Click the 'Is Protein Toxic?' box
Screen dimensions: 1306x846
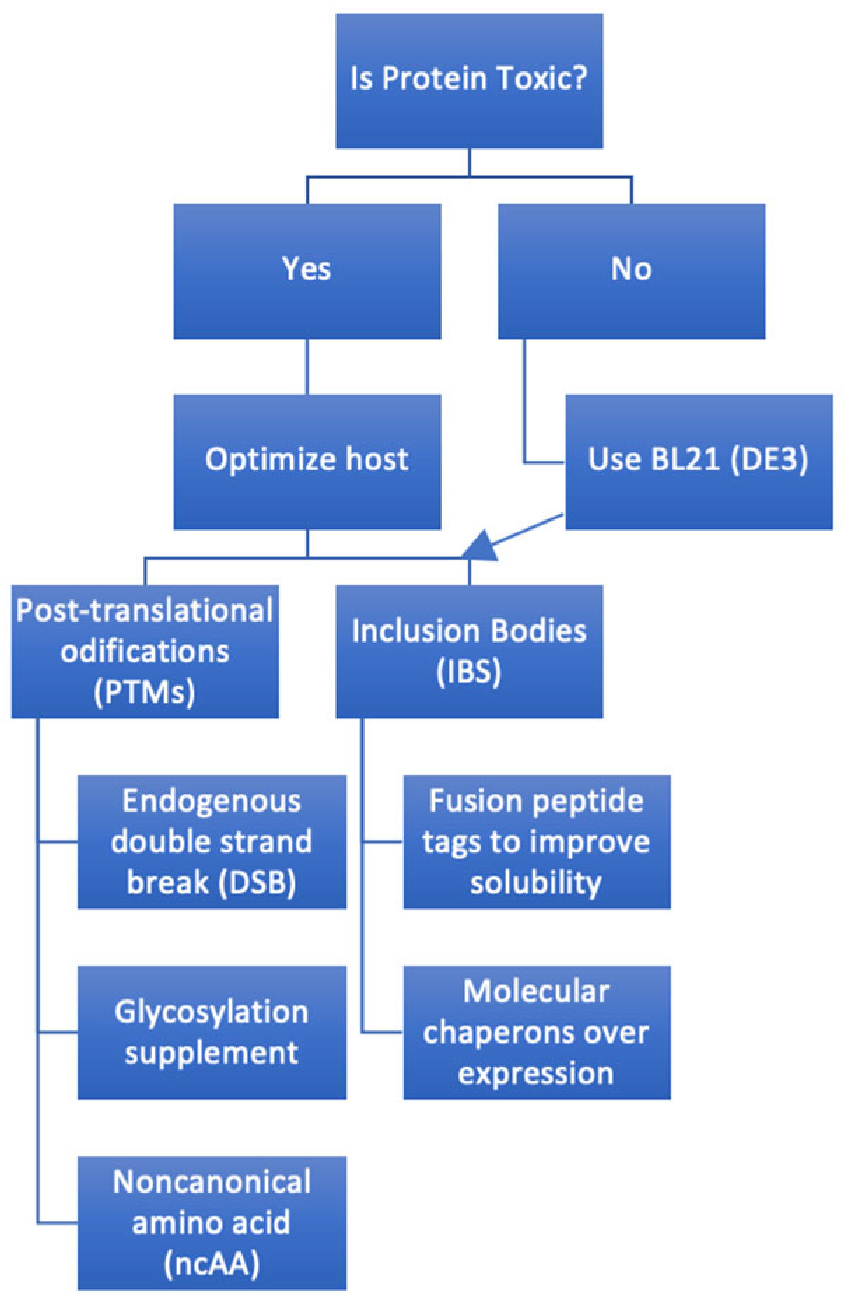(x=469, y=80)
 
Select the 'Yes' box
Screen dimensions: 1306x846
(x=306, y=271)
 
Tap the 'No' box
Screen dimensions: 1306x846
(x=631, y=271)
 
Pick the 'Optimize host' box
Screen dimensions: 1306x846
(x=306, y=461)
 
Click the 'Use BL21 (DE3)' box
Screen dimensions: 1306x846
(x=698, y=461)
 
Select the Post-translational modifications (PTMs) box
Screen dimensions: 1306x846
(x=145, y=651)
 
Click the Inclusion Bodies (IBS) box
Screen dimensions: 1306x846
(x=469, y=651)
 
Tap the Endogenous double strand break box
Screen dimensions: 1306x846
(x=211, y=841)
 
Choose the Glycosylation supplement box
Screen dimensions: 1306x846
(x=211, y=1032)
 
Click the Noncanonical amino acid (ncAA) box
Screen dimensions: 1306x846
(x=211, y=1222)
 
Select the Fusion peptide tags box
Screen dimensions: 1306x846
(x=536, y=841)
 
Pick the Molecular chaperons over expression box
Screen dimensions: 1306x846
(x=536, y=1032)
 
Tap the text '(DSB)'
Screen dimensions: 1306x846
(x=257, y=883)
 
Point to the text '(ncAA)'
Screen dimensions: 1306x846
(x=211, y=1263)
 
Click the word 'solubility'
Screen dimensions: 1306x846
(x=536, y=883)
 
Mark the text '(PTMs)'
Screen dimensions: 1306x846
(x=145, y=692)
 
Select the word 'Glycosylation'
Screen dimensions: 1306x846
(x=211, y=1012)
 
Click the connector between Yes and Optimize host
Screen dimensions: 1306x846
(x=306, y=367)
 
